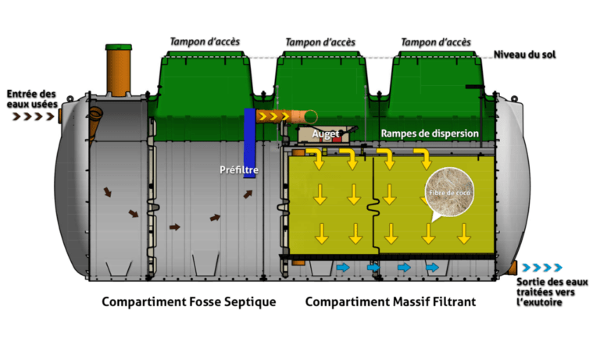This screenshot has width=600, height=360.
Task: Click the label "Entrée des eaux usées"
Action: coord(29,98)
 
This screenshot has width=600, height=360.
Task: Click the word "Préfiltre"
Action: coord(238,169)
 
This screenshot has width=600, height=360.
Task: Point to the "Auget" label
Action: coord(324,134)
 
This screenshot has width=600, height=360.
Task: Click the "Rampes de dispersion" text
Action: coord(429,134)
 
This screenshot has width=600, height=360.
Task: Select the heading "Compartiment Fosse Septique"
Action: coord(189,301)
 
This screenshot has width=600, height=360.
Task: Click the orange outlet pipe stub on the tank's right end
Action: coord(512,267)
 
